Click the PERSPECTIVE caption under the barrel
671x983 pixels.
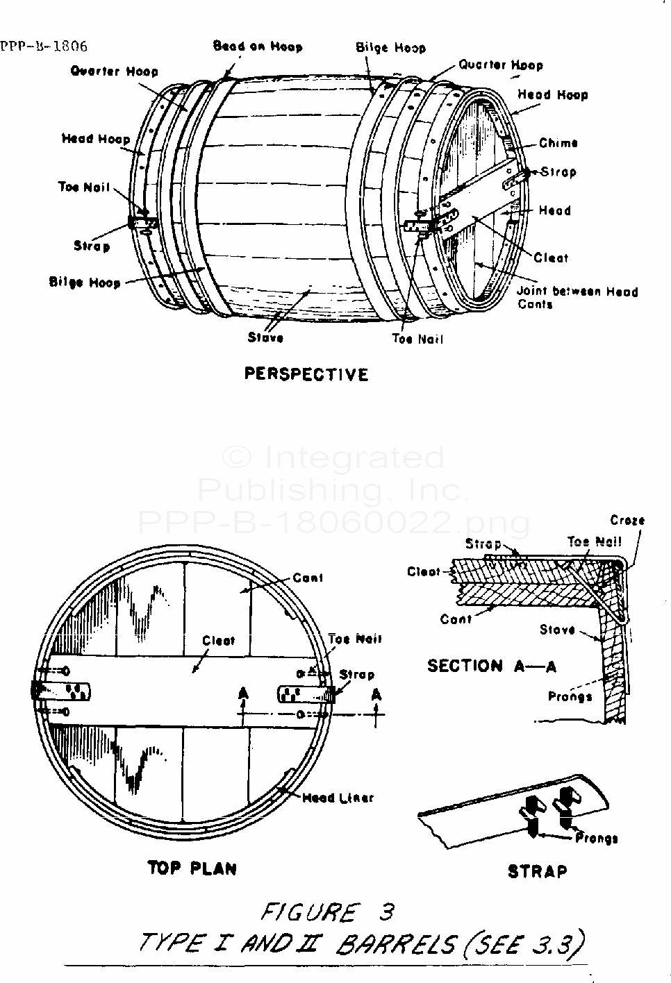pos(306,374)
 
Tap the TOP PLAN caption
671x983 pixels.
pos(192,868)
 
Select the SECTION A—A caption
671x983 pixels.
pos(492,666)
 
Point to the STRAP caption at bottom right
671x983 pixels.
pos(537,871)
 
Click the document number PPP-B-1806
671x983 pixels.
pos(44,47)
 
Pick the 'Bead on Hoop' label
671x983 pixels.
pos(258,47)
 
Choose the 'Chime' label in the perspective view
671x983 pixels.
pos(558,143)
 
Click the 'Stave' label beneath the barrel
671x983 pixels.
pos(265,337)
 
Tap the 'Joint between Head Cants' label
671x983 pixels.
pos(577,298)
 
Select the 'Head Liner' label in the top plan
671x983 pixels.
pos(338,798)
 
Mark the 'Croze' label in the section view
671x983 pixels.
pos(627,520)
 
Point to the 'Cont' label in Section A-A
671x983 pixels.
pos(456,619)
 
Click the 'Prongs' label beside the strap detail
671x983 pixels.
pos(597,838)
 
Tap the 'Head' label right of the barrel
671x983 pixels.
pos(554,210)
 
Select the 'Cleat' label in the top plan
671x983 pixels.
pos(218,641)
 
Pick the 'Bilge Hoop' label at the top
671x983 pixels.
pos(390,48)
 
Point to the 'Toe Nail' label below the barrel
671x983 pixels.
pos(417,339)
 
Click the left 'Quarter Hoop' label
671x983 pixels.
pos(114,71)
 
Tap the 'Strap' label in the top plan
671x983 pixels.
pos(356,674)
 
